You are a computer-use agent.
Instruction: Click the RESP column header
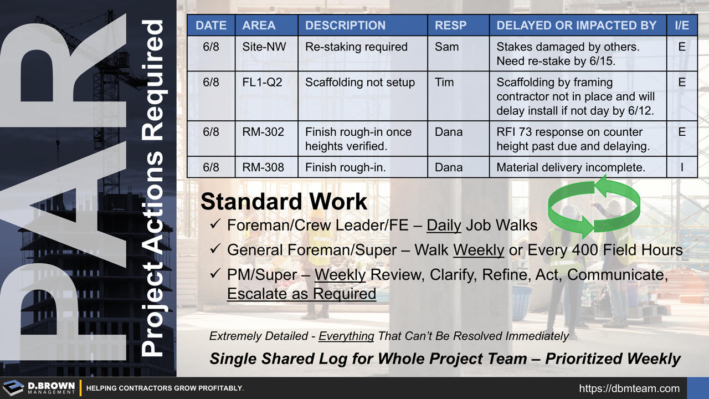[x=450, y=25]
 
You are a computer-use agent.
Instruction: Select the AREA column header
[x=259, y=25]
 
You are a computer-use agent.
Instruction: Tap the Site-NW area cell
[x=264, y=47]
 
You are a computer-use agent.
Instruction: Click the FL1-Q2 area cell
[x=262, y=83]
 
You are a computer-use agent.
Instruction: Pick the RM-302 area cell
[x=263, y=132]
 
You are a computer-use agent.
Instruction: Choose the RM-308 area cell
[x=263, y=167]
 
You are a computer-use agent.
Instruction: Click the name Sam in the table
[x=446, y=47]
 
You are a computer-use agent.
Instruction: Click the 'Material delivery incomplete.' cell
[x=571, y=167]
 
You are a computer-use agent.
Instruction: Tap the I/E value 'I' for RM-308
[x=681, y=167]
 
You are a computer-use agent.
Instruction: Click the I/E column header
[x=681, y=25]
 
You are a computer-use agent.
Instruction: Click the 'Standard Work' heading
[x=284, y=202]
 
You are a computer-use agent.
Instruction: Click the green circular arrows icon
[x=594, y=206]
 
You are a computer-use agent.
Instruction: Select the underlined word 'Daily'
[x=444, y=225]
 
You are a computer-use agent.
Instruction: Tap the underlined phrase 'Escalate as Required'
[x=301, y=294]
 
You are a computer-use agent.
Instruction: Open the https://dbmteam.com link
[x=629, y=388]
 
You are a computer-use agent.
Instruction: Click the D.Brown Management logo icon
[x=13, y=388]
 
